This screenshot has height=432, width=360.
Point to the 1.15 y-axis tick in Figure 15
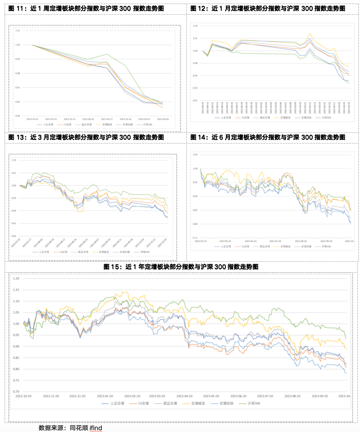click(16, 290)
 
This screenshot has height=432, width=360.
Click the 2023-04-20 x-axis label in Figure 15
click(184, 396)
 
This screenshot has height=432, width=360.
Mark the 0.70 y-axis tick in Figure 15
click(16, 392)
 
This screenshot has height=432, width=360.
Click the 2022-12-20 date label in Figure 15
click(77, 396)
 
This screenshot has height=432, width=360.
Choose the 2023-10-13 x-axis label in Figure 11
click(32, 119)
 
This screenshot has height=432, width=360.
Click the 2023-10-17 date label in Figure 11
click(107, 119)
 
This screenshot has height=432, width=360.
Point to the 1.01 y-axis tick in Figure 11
click(18, 31)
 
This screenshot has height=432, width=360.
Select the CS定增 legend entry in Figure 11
click(67, 124)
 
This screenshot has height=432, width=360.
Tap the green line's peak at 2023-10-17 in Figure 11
click(107, 54)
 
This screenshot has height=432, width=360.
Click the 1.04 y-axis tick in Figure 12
click(195, 26)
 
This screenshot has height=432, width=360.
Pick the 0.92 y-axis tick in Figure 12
click(195, 101)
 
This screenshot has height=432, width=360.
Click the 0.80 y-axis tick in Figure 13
click(14, 236)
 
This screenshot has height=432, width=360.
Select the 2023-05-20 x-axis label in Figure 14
click(225, 241)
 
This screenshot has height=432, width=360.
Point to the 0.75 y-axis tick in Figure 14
click(195, 238)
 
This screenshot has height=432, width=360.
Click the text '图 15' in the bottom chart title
click(111, 267)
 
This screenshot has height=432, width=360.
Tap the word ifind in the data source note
click(96, 428)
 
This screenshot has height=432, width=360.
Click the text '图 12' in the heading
click(198, 8)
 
